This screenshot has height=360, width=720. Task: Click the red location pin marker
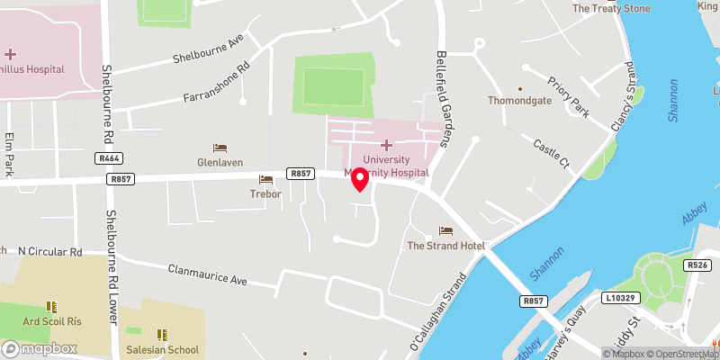tap(360, 179)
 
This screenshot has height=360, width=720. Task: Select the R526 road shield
tap(697, 265)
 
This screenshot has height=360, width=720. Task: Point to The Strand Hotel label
tap(446, 246)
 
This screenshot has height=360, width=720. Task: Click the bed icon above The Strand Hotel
tap(445, 231)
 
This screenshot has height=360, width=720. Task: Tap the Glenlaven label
tap(220, 162)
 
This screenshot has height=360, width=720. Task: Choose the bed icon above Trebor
tap(265, 180)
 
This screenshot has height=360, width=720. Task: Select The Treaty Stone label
tap(611, 9)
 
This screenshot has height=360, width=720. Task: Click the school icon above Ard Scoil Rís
tap(51, 307)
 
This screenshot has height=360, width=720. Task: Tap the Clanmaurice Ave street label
tap(208, 274)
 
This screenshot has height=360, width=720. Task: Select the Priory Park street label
tap(567, 96)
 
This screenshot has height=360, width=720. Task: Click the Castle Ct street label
tap(552, 154)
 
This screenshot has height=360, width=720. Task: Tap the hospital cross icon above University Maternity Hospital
tap(386, 145)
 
